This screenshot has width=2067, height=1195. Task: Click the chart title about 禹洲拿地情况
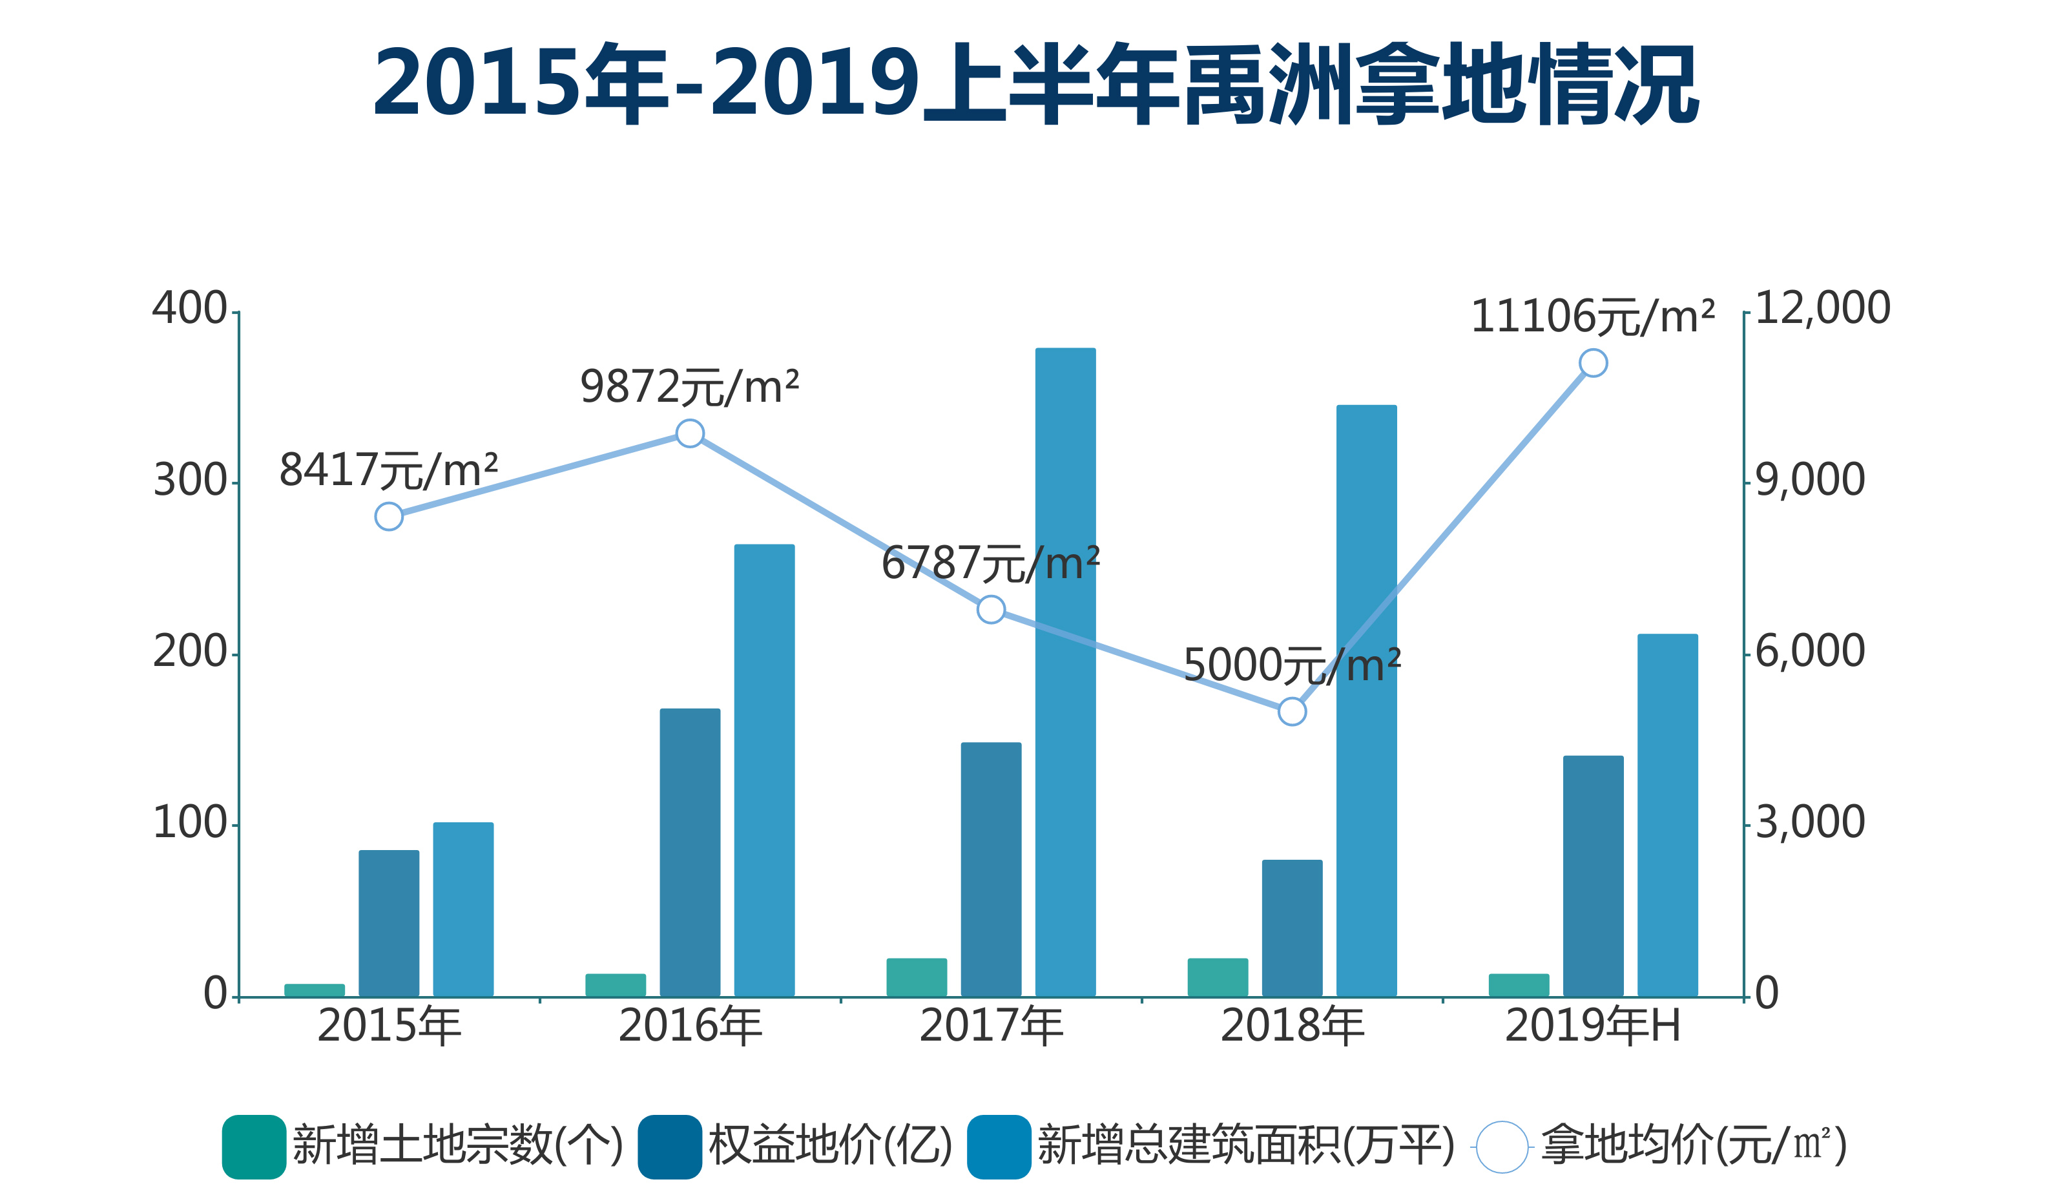pyautogui.click(x=1035, y=85)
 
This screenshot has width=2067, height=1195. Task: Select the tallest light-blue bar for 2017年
pyautogui.click(x=1065, y=672)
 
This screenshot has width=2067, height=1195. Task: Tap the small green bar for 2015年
pyautogui.click(x=314, y=990)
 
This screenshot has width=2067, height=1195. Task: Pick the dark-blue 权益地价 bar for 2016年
pyautogui.click(x=690, y=853)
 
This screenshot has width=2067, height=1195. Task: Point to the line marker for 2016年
pyautogui.click(x=690, y=433)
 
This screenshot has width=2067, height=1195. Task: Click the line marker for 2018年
pyautogui.click(x=1292, y=712)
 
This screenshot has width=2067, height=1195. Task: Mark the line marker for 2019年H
pyautogui.click(x=1593, y=362)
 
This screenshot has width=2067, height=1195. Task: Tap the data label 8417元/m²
pyautogui.click(x=388, y=471)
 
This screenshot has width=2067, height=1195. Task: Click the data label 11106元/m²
pyautogui.click(x=1592, y=317)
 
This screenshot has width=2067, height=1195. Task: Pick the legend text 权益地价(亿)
pyautogui.click(x=830, y=1146)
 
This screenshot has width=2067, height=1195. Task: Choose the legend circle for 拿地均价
pyautogui.click(x=1502, y=1147)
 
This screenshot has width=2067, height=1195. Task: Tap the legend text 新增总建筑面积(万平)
pyautogui.click(x=1245, y=1146)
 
